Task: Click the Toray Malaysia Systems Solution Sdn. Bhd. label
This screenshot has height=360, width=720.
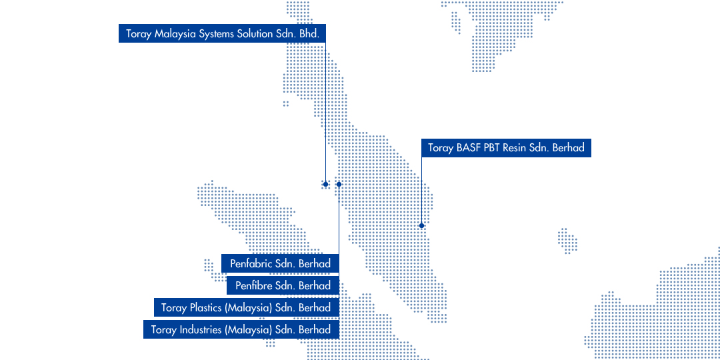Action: (x=222, y=33)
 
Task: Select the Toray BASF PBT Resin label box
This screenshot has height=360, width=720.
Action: (x=506, y=148)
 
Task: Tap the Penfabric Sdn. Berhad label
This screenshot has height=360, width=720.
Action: (x=280, y=263)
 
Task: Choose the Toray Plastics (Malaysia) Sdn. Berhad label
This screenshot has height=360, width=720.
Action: (x=247, y=307)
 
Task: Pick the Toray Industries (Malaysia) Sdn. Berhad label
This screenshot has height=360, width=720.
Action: (x=241, y=330)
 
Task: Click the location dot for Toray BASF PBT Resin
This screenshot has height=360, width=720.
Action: (x=421, y=225)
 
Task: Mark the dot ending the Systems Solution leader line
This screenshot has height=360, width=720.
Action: (x=325, y=184)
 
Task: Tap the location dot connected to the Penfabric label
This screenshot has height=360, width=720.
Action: (x=339, y=184)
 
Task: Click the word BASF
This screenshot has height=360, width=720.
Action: (x=469, y=148)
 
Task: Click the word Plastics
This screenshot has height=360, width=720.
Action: (x=206, y=307)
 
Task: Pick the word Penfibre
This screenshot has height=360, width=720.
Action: (x=253, y=285)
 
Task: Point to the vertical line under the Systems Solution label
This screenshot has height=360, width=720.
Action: (x=325, y=113)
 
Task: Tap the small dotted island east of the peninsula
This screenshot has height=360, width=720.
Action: (x=567, y=241)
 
